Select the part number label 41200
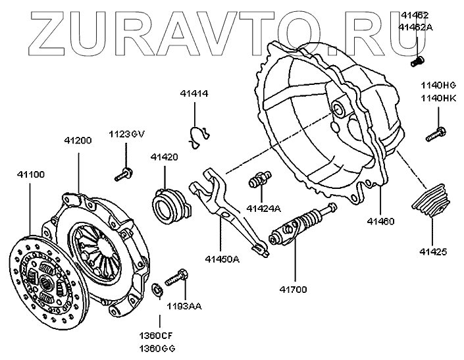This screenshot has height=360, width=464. (x=78, y=140)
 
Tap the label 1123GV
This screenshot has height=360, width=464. (x=126, y=134)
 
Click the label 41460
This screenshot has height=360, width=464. (x=380, y=221)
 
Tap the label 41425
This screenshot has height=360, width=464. (x=432, y=251)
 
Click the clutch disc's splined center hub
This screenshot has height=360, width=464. (x=47, y=281)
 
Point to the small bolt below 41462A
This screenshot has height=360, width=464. (x=417, y=61)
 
